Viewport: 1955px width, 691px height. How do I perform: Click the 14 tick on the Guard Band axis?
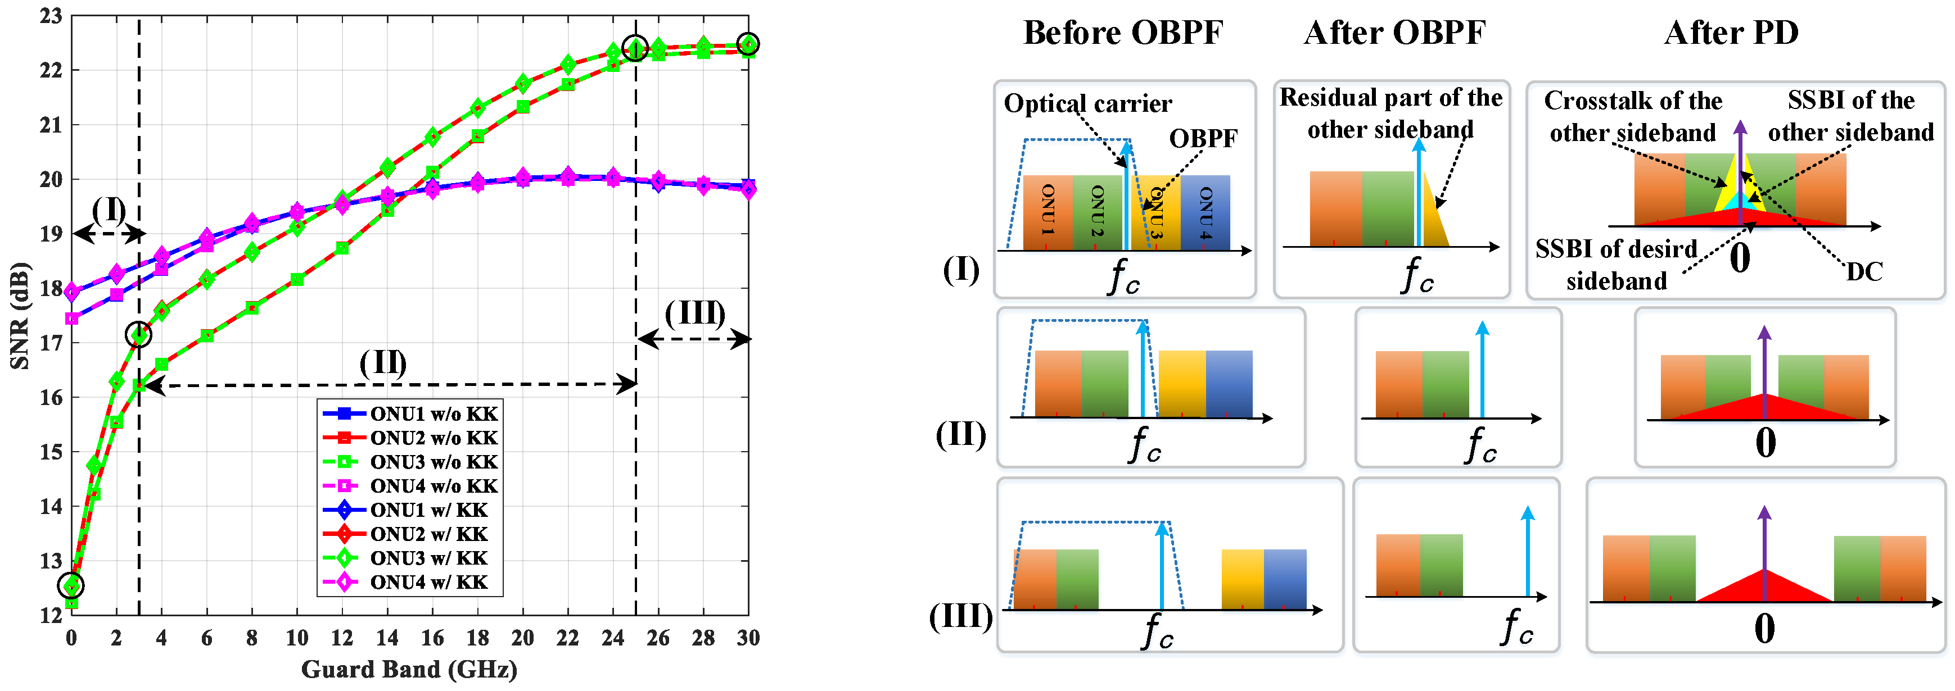point(387,638)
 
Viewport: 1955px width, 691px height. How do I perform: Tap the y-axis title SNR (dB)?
point(20,316)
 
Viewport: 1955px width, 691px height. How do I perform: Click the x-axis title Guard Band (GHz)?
point(409,670)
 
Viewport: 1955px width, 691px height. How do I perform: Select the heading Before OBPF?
point(1123,33)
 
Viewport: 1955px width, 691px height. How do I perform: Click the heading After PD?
point(1731,33)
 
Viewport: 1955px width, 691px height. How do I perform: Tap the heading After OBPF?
point(1394,33)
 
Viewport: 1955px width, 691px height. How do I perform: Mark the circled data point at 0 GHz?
point(71,585)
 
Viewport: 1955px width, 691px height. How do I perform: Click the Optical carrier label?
point(1087,103)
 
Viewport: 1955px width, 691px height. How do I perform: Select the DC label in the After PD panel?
point(1864,271)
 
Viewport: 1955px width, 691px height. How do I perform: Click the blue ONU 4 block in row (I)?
point(1205,212)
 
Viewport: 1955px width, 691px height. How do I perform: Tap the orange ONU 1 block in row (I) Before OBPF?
point(1048,212)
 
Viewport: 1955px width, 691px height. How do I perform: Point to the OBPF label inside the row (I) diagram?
point(1203,138)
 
